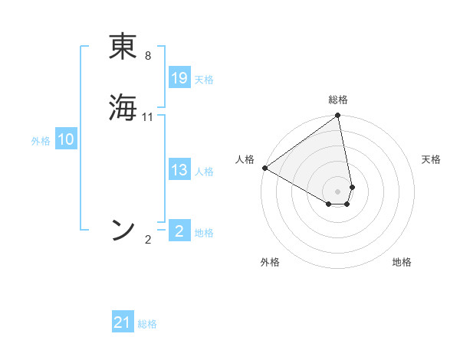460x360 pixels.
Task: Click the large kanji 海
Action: coord(123,106)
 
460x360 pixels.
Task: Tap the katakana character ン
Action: coord(123,229)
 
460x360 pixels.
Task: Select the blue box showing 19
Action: coord(179,78)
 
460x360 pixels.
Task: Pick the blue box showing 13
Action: coord(179,170)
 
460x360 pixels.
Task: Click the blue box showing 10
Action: coord(65,139)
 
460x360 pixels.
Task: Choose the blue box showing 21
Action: coord(123,322)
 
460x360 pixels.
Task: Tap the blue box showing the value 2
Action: coord(179,231)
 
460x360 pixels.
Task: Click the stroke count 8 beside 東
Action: coord(148,56)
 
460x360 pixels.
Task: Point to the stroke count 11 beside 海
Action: coord(148,117)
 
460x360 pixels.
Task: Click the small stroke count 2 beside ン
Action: coord(148,240)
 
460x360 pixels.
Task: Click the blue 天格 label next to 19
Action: coord(204,80)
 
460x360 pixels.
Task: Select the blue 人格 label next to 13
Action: coord(204,172)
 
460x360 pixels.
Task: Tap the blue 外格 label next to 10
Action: coord(41,141)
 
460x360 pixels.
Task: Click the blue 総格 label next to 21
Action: coord(147,324)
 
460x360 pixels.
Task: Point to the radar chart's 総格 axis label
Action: coord(338,100)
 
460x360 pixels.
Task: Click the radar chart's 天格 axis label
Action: coord(432,159)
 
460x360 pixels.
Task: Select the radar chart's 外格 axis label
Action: coord(270,262)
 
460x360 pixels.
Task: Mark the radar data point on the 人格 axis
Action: coord(264,168)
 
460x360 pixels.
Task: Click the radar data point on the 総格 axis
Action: coord(338,116)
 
